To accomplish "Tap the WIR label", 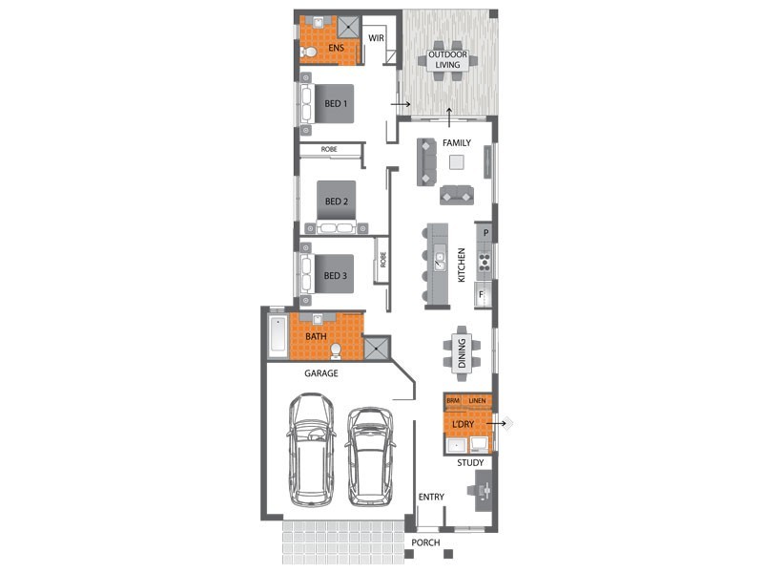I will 376,39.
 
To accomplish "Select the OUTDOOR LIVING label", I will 448,60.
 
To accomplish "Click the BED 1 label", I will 337,103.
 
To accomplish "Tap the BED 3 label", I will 337,276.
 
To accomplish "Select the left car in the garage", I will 312,449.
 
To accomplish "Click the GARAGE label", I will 321,373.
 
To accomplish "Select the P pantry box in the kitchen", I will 485,233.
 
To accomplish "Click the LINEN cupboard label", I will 477,400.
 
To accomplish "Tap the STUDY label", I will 470,463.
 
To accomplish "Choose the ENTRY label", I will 431,497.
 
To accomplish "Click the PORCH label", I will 425,541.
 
